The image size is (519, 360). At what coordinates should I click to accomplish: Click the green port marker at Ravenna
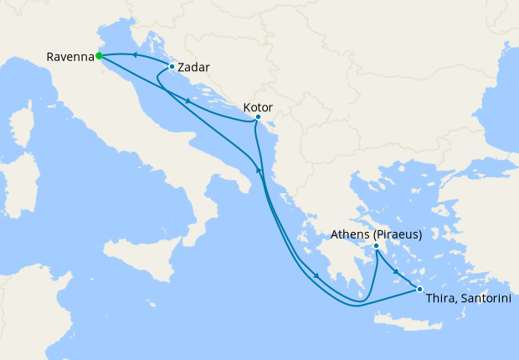[99, 56]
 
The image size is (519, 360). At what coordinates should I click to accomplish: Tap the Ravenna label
[69, 57]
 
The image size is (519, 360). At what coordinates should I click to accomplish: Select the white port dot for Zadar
[172, 66]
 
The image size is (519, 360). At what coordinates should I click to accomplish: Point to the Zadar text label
[193, 67]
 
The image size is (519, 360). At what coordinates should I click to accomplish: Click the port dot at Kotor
[258, 117]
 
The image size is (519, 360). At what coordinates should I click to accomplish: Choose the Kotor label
[257, 107]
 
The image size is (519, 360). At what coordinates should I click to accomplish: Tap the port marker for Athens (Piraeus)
[377, 246]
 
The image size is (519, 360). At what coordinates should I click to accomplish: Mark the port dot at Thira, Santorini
[419, 290]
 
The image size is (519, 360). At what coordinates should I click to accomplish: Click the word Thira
[440, 299]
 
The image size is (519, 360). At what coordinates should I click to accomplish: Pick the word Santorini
[483, 299]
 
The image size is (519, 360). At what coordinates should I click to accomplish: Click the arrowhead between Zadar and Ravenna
[133, 54]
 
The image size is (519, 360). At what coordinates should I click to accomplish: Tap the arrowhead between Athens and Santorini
[395, 270]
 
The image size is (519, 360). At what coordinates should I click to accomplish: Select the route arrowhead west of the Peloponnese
[316, 276]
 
